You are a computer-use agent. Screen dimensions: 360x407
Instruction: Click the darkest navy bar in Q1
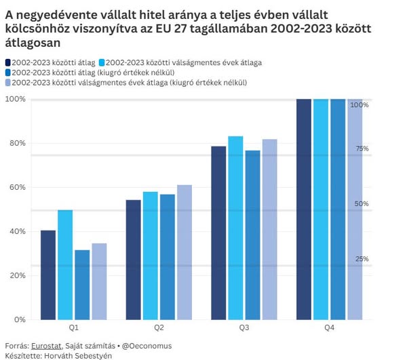48,275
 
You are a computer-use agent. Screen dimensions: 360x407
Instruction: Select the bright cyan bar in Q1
65,264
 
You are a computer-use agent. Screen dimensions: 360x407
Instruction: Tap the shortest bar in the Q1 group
82,285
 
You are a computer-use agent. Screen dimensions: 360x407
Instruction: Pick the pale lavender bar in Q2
185,252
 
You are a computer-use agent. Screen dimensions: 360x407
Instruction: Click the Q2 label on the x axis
159,327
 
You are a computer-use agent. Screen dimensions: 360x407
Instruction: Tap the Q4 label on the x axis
329,327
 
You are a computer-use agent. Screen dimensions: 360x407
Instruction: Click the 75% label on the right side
362,148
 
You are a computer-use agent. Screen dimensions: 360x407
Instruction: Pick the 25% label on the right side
362,259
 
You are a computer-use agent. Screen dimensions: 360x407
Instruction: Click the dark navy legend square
8,62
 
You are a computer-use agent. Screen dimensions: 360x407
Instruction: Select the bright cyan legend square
102,62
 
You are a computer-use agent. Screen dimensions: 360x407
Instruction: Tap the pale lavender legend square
8,83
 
